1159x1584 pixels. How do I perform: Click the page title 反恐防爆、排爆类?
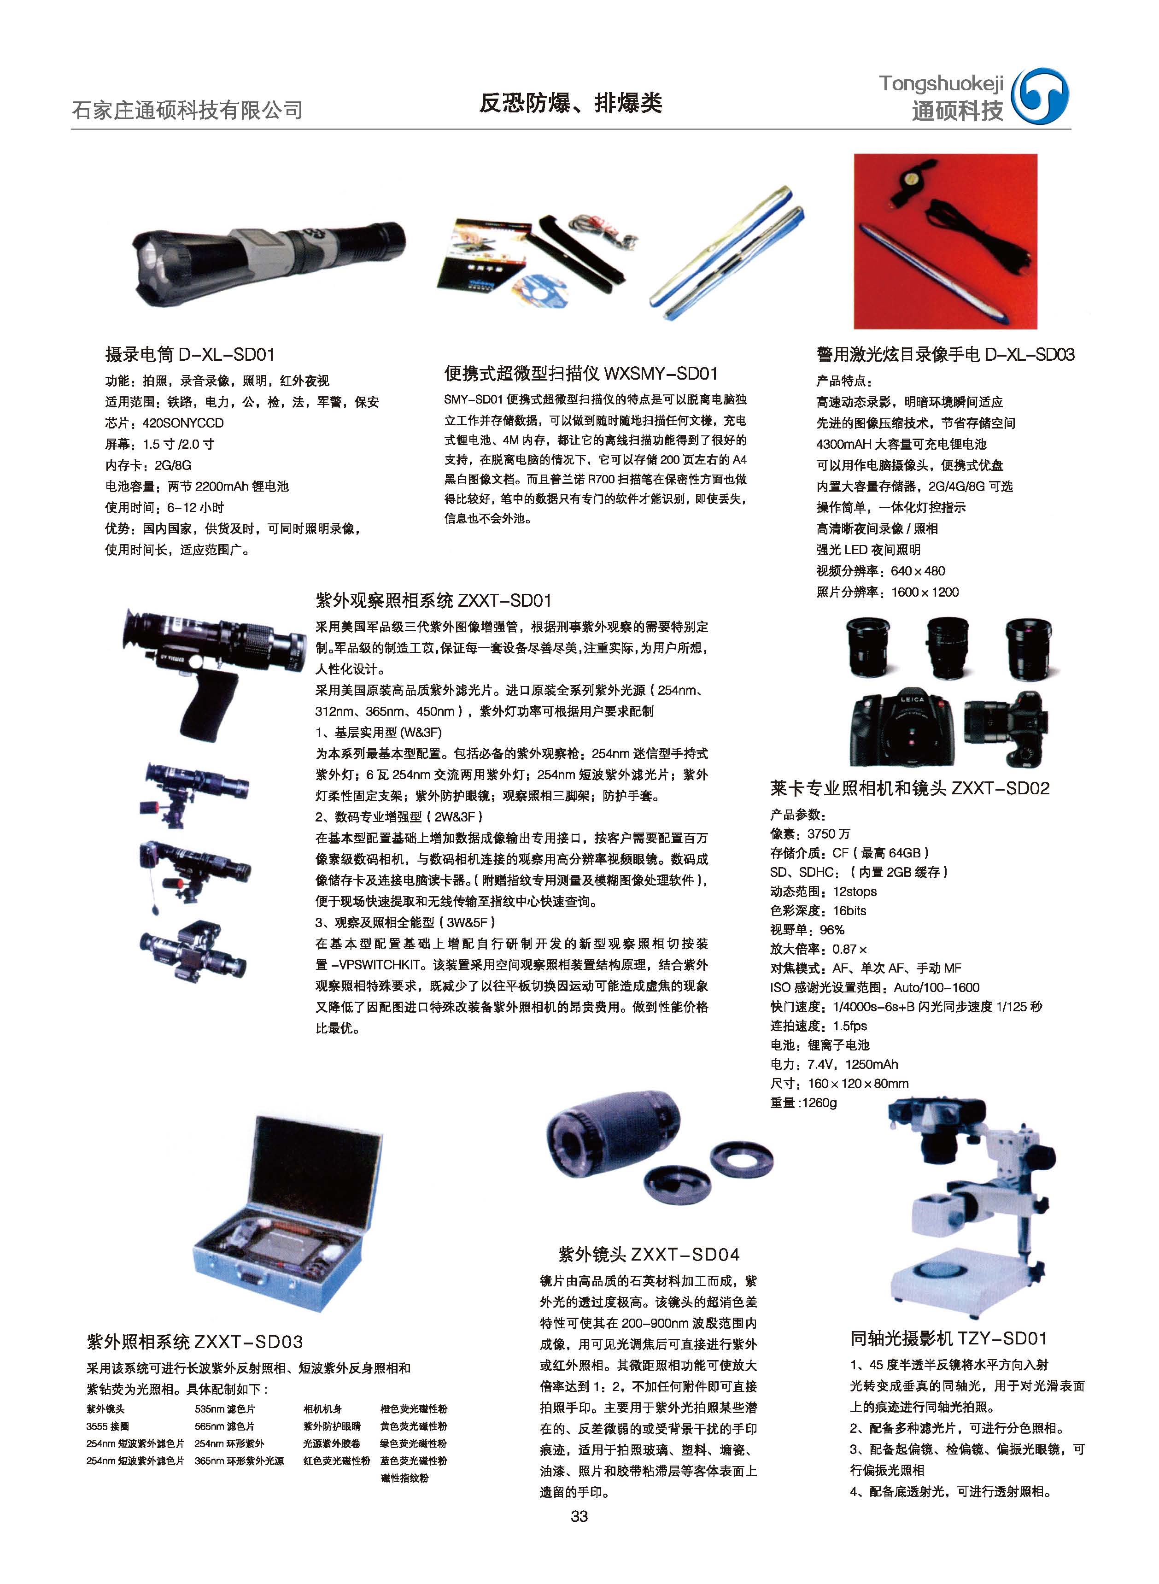pos(570,104)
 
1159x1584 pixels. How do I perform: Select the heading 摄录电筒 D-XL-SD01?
pos(190,354)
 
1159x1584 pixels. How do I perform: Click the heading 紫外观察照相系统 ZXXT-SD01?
pos(433,600)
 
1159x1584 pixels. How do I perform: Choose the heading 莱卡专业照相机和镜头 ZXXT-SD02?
pos(910,788)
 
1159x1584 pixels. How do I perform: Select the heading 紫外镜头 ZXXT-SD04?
pos(649,1254)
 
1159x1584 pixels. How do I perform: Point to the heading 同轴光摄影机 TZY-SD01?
pos(948,1338)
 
